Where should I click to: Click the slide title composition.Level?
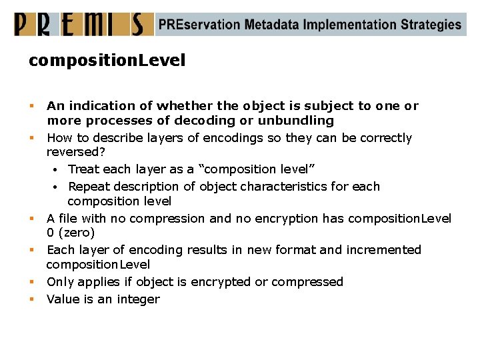pyautogui.click(x=107, y=61)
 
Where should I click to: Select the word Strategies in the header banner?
pyautogui.click(x=431, y=25)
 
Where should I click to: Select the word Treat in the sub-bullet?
pyautogui.click(x=84, y=169)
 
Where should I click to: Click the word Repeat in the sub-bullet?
pyautogui.click(x=90, y=187)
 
